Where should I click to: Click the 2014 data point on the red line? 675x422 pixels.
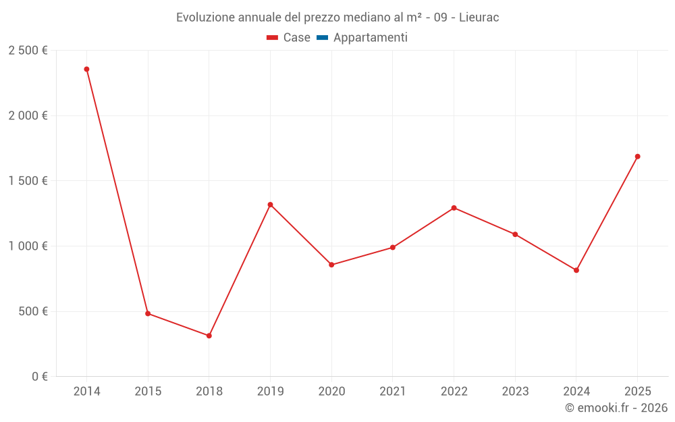tap(86, 69)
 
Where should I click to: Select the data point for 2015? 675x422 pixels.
tap(148, 313)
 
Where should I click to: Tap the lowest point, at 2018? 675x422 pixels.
tap(209, 336)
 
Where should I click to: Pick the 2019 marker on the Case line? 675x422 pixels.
tap(270, 205)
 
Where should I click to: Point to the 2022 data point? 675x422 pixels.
tap(454, 208)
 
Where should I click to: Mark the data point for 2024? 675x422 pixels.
tap(576, 270)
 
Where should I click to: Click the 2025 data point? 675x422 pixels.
tap(637, 157)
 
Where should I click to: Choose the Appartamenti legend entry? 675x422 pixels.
tap(370, 38)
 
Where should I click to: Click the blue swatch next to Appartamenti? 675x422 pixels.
tap(322, 38)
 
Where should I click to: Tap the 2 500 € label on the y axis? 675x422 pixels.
tap(28, 51)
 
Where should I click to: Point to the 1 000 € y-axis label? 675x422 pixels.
tap(28, 246)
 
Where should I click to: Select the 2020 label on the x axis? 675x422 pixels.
tap(331, 392)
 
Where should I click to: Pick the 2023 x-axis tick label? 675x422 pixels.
tap(515, 392)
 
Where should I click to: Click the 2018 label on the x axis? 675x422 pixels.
tap(209, 392)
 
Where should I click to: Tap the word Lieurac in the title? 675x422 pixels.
tap(479, 18)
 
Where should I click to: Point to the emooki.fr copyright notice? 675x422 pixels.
tap(616, 408)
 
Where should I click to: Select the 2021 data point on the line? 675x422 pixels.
tap(393, 247)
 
